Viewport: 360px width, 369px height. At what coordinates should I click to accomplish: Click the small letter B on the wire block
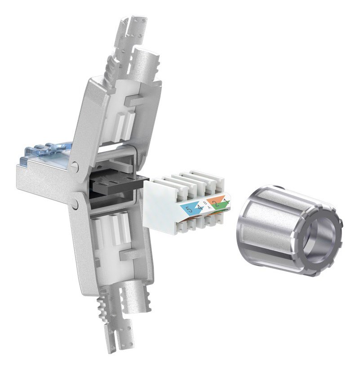click(x=204, y=203)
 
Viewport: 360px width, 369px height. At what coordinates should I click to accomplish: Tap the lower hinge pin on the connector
click(x=74, y=205)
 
